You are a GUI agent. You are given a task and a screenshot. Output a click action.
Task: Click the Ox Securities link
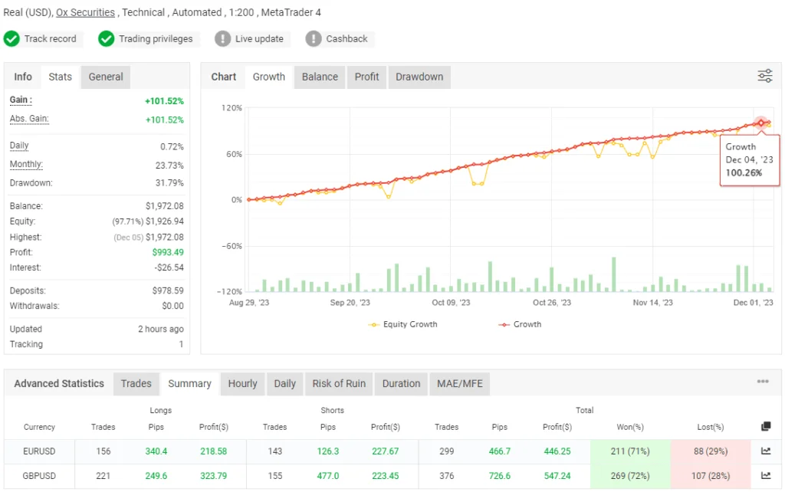tap(85, 12)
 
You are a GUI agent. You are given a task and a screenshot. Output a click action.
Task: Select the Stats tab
tap(60, 77)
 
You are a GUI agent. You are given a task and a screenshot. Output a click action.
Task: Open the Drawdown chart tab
tap(419, 77)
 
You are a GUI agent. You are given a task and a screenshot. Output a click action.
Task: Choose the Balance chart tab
tap(320, 77)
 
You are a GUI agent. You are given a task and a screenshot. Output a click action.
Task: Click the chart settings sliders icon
tap(765, 76)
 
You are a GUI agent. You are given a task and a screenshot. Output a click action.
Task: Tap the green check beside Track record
tap(11, 39)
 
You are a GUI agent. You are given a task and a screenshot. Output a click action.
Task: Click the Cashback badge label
tap(347, 39)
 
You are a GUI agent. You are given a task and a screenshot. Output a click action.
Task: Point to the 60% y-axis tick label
tap(232, 154)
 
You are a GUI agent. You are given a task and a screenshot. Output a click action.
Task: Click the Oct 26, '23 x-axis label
tap(552, 303)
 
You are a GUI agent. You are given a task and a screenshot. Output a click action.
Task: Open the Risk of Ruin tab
tap(339, 384)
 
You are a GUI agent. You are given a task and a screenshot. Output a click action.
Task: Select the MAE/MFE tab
tap(460, 384)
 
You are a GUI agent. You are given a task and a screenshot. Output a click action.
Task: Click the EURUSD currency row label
tap(39, 451)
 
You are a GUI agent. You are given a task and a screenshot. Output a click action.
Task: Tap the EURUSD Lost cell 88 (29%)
tap(711, 451)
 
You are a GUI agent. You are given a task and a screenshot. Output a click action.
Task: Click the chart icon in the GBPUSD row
tap(765, 475)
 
